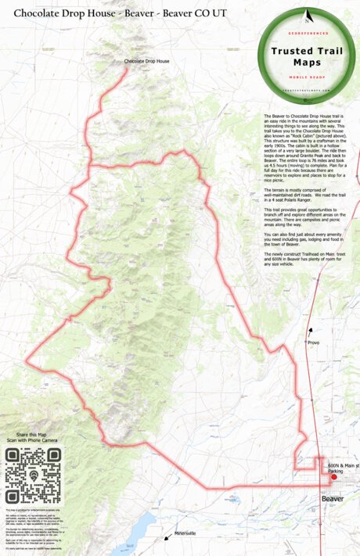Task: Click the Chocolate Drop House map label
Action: click(147, 61)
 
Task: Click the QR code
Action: click(34, 477)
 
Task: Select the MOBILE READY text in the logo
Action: click(311, 79)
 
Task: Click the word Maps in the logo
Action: click(311, 62)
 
